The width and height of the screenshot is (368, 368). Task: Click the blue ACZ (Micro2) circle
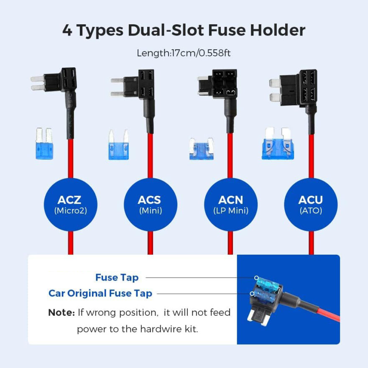[x=70, y=204]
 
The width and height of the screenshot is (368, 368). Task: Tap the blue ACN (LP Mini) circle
[x=230, y=204]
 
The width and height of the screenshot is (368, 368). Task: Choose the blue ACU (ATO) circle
[x=310, y=204]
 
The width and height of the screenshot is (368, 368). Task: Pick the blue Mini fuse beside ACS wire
[x=119, y=146]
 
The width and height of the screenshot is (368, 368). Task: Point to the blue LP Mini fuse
[x=201, y=149]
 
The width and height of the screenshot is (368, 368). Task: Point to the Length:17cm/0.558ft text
[x=184, y=53]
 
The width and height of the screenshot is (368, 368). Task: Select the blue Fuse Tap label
[x=117, y=277]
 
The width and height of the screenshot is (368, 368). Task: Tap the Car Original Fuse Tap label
[x=100, y=293]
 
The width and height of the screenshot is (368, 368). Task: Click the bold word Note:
[x=61, y=312]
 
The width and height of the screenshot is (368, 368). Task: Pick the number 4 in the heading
[x=67, y=31]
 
